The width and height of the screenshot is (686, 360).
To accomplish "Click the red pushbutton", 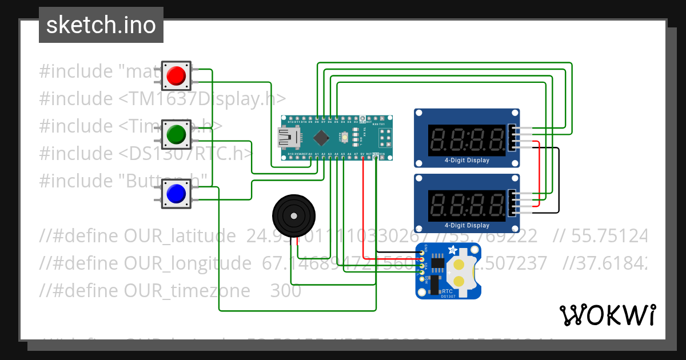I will coord(176,75).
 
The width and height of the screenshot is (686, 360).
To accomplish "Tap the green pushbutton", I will coord(176,134).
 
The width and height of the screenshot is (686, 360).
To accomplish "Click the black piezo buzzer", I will coord(293,215).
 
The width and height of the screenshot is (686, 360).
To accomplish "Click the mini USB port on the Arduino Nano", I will coord(285,137).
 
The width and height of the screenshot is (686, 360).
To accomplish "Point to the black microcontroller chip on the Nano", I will coord(322,137).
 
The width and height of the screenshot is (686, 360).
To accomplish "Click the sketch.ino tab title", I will coord(101,25).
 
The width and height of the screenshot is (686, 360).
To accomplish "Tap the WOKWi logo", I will coord(607,315).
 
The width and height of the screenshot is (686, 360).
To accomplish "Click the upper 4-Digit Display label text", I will coord(467,161).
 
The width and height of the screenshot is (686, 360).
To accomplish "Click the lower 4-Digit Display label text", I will coord(467,226).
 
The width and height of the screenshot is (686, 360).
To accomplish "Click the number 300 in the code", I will coord(285,291).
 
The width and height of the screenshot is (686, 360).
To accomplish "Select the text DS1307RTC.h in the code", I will coord(186,153).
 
